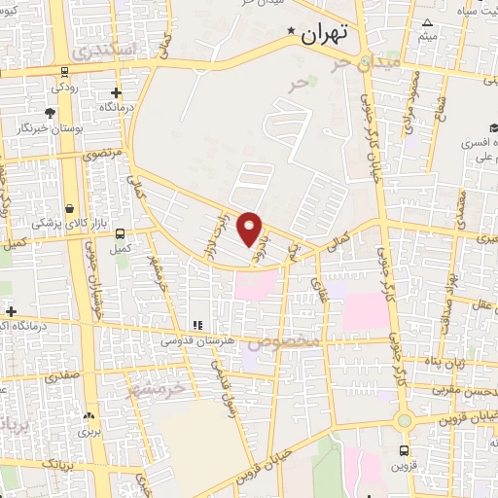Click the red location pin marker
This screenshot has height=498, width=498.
pyautogui.click(x=251, y=229)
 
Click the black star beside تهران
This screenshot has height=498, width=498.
pyautogui.click(x=290, y=34)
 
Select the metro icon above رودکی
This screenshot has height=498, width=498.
pyautogui.click(x=64, y=71)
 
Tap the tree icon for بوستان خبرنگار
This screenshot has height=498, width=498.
pyautogui.click(x=50, y=113)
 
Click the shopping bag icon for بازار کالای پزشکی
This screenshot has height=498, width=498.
pyautogui.click(x=69, y=207)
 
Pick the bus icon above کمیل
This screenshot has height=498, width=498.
pyautogui.click(x=121, y=233)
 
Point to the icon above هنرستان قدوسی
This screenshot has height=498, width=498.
pyautogui.click(x=196, y=324)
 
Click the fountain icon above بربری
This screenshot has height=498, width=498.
pyautogui.click(x=89, y=413)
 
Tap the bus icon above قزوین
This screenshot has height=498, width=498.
pyautogui.click(x=404, y=450)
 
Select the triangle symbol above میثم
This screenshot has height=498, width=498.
pyautogui.click(x=427, y=22)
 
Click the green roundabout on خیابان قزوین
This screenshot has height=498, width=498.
pyautogui.click(x=404, y=420)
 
